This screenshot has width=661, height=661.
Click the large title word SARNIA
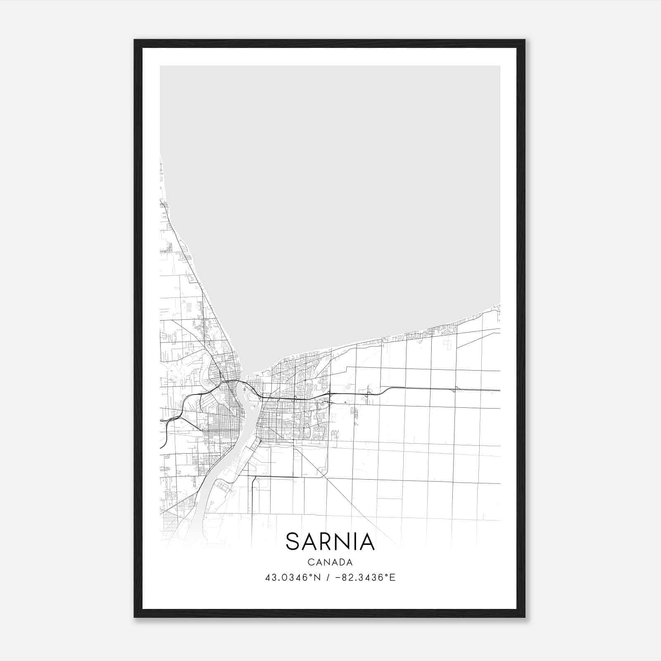point(330,542)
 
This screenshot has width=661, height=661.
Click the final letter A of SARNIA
point(368,542)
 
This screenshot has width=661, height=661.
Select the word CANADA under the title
point(330,562)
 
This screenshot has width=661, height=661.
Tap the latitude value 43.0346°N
point(293,578)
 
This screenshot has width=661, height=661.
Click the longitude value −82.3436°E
point(365,578)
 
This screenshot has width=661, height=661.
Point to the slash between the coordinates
point(327,578)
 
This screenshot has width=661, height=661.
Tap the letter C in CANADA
point(310,562)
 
